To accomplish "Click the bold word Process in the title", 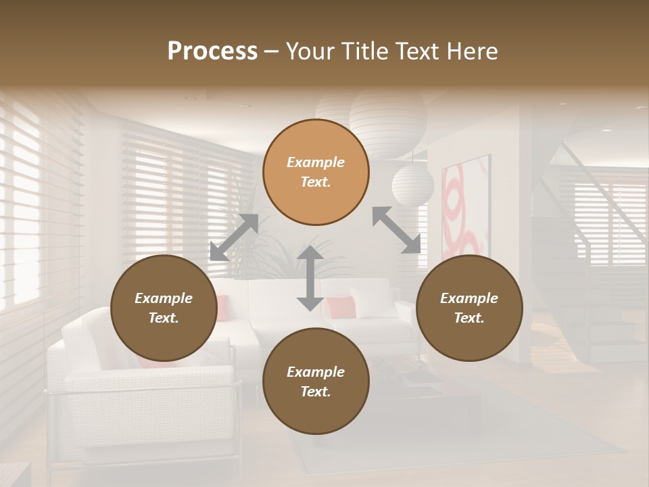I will point(212,51).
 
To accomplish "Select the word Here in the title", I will point(473,51).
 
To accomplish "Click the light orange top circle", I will point(316,172).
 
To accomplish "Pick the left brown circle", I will point(164,308).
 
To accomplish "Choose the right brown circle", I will point(469,308).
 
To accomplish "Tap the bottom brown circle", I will point(316,381).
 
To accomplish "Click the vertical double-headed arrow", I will point(310,279).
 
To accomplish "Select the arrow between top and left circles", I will point(234,237).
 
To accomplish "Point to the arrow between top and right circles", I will point(396,230).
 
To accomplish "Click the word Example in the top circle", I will point(316,162).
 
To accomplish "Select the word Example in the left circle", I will point(164,298).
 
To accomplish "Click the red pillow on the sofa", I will point(341,307).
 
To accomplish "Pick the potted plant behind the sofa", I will point(270,250).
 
